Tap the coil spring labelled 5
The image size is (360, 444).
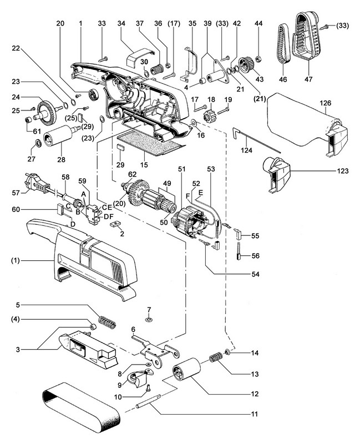click(107, 321)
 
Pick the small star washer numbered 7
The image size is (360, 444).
click(149, 321)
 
